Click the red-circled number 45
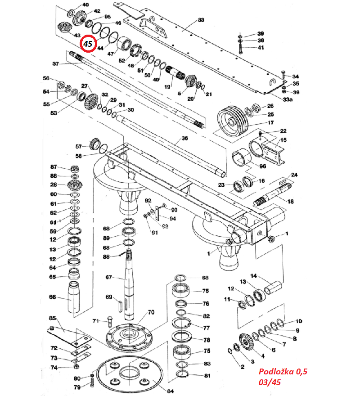coord(88,44)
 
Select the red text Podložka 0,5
coord(283,372)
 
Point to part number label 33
coord(201,20)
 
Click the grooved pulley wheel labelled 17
coord(233,121)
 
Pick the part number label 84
coord(170,391)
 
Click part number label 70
coord(151,312)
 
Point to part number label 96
coord(263,166)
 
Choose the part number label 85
coord(52,318)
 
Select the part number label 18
coord(290,202)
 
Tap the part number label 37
coord(56,64)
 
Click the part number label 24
coord(294,175)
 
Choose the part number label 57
coord(79,147)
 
